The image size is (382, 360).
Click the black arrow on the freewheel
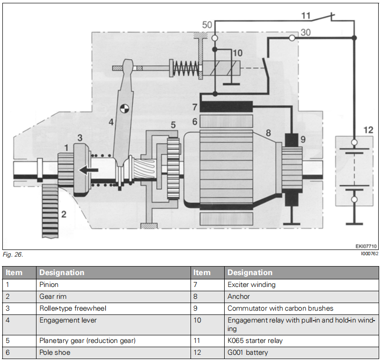pos(90,169)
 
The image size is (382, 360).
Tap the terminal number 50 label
pos(207,25)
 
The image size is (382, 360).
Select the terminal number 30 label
pos(306,33)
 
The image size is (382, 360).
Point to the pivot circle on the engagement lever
pos(125,109)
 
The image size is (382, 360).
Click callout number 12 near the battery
pos(368,129)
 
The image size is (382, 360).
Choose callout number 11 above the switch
pos(306,16)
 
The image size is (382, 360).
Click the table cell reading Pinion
pos(49,285)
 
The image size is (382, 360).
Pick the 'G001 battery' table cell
pos(248,352)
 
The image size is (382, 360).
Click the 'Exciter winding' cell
pos(251,285)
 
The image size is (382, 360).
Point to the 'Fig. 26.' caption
pos(13,255)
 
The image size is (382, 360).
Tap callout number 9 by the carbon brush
pos(303,140)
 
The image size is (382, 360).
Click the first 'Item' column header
pos(14,272)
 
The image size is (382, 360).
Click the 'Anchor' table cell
pos(238,296)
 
